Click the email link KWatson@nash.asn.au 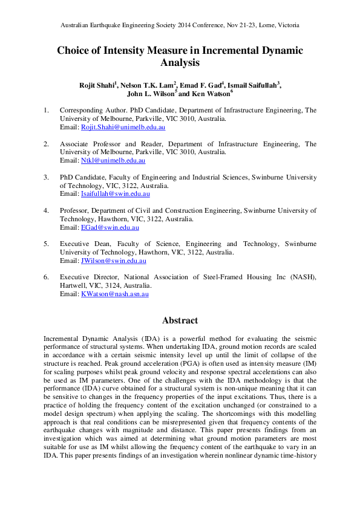click(x=114, y=294)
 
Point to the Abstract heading click(x=180, y=320)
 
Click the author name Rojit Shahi click(x=96, y=85)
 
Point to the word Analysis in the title click(x=180, y=62)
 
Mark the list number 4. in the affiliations click(x=46, y=210)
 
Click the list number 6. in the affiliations click(x=46, y=277)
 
